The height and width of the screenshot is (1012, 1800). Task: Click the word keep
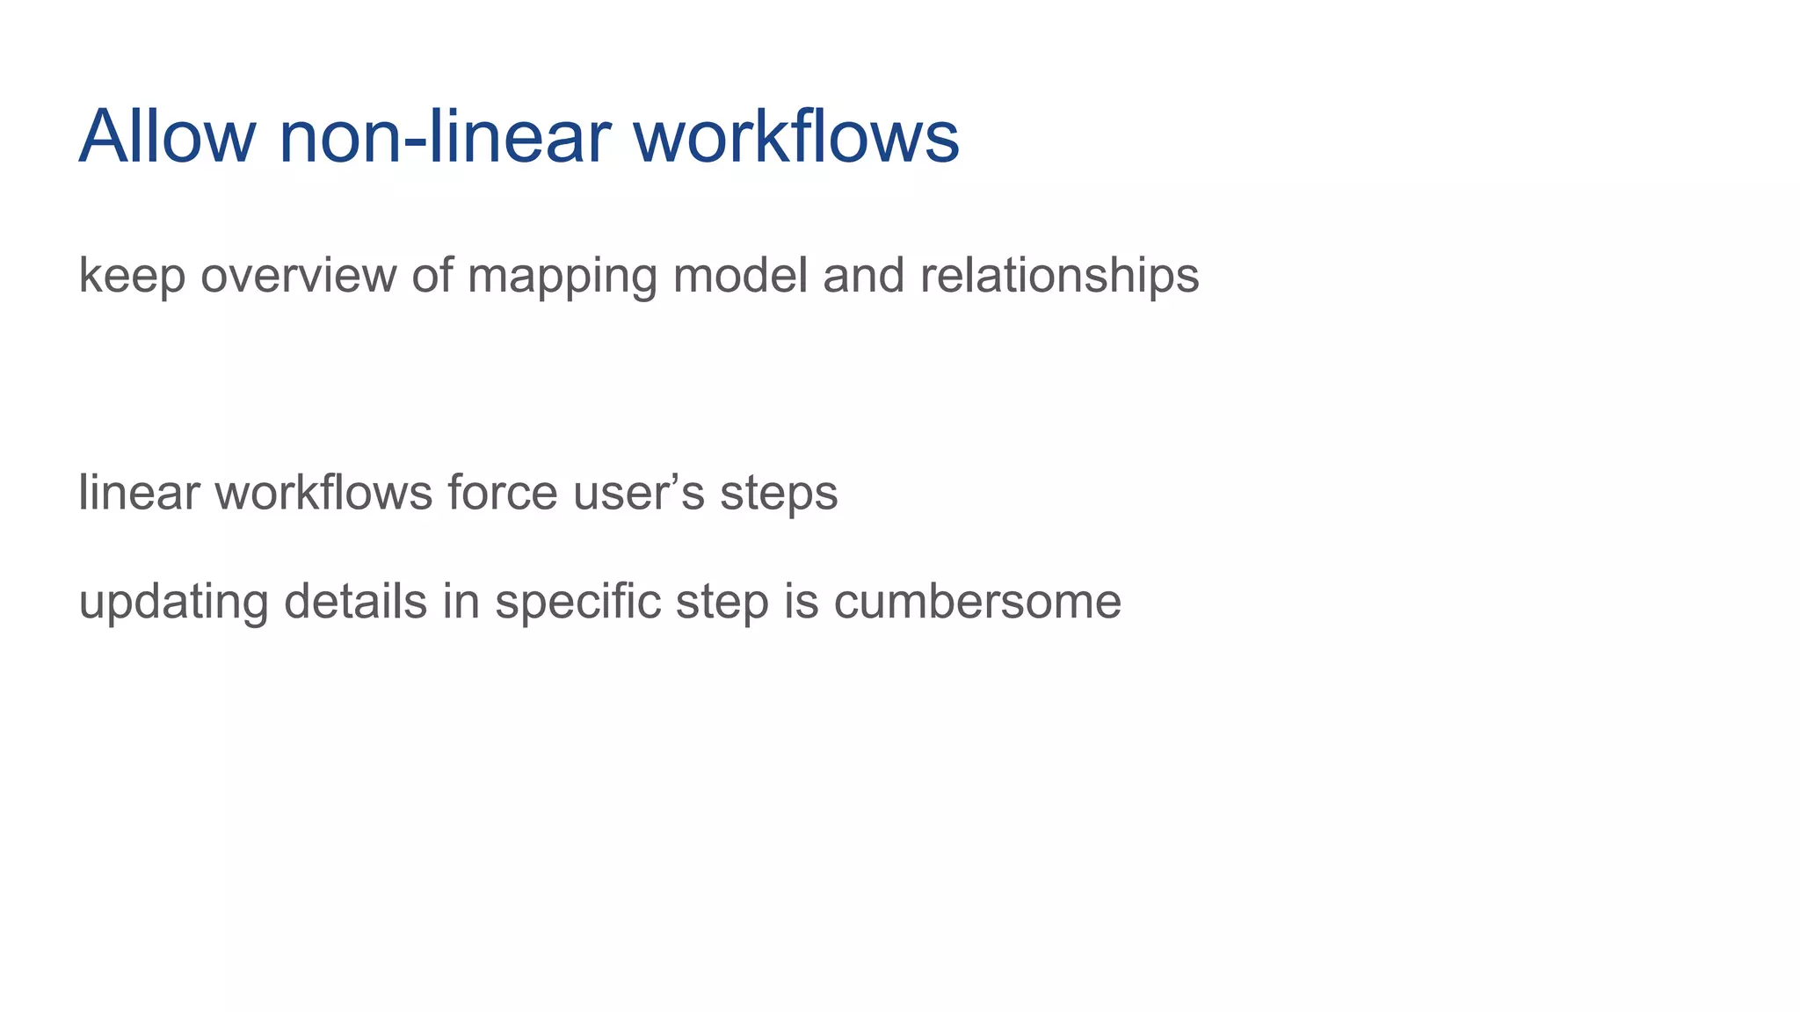click(x=132, y=276)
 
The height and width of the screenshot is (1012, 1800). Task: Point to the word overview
click(x=299, y=276)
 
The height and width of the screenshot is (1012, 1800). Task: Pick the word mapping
click(x=562, y=276)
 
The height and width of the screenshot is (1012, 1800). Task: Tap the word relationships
click(x=1059, y=276)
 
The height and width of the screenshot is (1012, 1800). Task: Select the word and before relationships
click(x=864, y=276)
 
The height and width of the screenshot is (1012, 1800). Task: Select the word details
click(x=355, y=603)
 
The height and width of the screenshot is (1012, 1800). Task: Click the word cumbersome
click(x=977, y=603)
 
